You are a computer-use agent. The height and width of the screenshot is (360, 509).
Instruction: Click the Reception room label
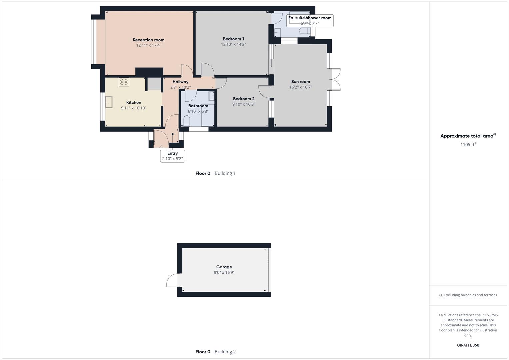pos(148,40)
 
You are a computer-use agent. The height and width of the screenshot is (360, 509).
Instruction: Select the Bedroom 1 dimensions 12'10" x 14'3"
pos(233,44)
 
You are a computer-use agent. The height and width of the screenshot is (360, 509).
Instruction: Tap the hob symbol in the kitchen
pos(124,82)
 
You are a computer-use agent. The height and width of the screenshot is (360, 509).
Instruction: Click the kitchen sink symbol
pos(109,102)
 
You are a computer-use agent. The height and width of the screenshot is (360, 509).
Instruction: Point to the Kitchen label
pos(134,103)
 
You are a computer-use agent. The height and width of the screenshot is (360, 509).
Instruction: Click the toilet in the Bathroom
pos(187,120)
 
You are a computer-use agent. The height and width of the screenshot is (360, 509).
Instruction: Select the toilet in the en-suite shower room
pos(304,31)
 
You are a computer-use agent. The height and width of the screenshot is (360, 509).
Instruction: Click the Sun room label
pos(300,82)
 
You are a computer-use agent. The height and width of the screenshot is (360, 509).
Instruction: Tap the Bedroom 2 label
pos(244,99)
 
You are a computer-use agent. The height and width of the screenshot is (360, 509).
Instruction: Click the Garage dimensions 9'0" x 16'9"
pos(224,272)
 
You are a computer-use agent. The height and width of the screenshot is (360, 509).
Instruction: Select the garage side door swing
pos(172,280)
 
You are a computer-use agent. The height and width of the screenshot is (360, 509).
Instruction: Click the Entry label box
pos(172,156)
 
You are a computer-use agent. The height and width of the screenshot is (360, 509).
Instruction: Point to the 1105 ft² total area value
pos(468,144)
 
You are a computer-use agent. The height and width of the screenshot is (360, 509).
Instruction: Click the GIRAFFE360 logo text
pos(468,345)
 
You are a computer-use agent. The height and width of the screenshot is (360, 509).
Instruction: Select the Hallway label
pos(180,82)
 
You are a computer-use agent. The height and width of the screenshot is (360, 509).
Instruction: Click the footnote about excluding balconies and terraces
pos(468,295)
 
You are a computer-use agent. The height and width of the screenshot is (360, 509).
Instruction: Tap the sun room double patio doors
pos(336,79)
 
